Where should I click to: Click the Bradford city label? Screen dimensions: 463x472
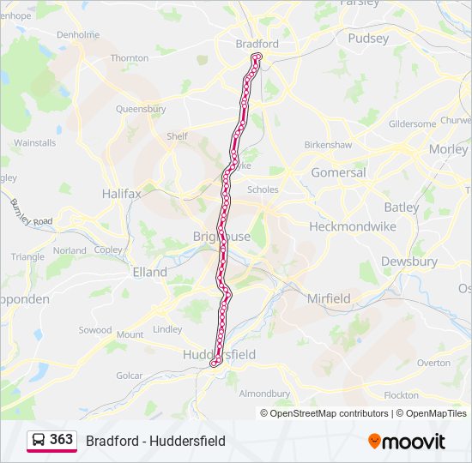[257, 44]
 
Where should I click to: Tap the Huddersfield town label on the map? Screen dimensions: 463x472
[219, 354]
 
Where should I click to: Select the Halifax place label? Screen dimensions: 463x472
[121, 194]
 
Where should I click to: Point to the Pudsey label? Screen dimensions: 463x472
[368, 38]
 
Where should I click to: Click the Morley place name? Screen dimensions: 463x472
[448, 148]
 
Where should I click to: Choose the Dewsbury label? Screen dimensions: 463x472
[408, 262]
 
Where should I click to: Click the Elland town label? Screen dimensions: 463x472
[149, 272]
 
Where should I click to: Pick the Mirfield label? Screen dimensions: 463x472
[329, 298]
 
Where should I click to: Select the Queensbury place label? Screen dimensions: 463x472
[141, 110]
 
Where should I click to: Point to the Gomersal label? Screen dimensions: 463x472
[338, 172]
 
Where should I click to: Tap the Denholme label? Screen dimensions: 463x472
[78, 35]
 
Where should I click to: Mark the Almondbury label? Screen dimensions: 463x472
[264, 394]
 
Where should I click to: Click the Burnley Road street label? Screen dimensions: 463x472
[31, 214]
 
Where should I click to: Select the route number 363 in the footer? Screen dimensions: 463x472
[61, 439]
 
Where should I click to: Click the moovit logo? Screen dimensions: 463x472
[407, 442]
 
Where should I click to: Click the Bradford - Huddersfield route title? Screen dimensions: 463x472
[155, 441]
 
